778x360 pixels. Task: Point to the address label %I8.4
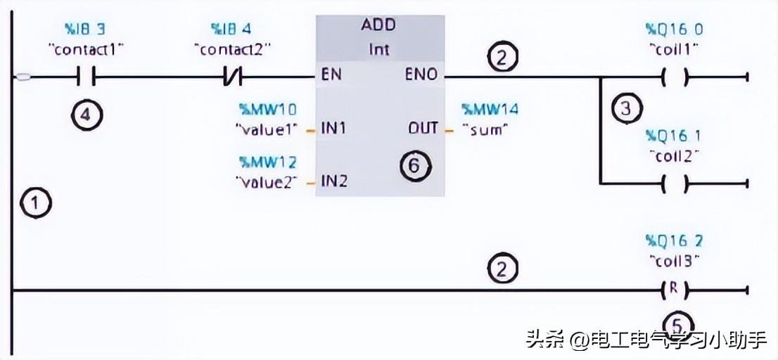(x=231, y=30)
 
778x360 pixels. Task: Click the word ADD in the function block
(x=378, y=25)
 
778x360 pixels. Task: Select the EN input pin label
(x=331, y=75)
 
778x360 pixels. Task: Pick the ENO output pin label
(x=421, y=75)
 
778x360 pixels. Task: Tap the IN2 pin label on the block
(x=333, y=181)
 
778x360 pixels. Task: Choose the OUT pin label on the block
(x=423, y=129)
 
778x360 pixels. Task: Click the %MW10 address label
(x=267, y=109)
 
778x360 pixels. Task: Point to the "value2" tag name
(x=266, y=181)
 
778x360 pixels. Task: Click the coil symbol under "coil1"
(x=675, y=77)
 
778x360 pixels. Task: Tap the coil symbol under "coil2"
(x=675, y=184)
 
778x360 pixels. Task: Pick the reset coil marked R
(x=675, y=289)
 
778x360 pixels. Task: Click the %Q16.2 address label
(x=673, y=240)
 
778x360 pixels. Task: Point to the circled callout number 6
(x=414, y=166)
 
